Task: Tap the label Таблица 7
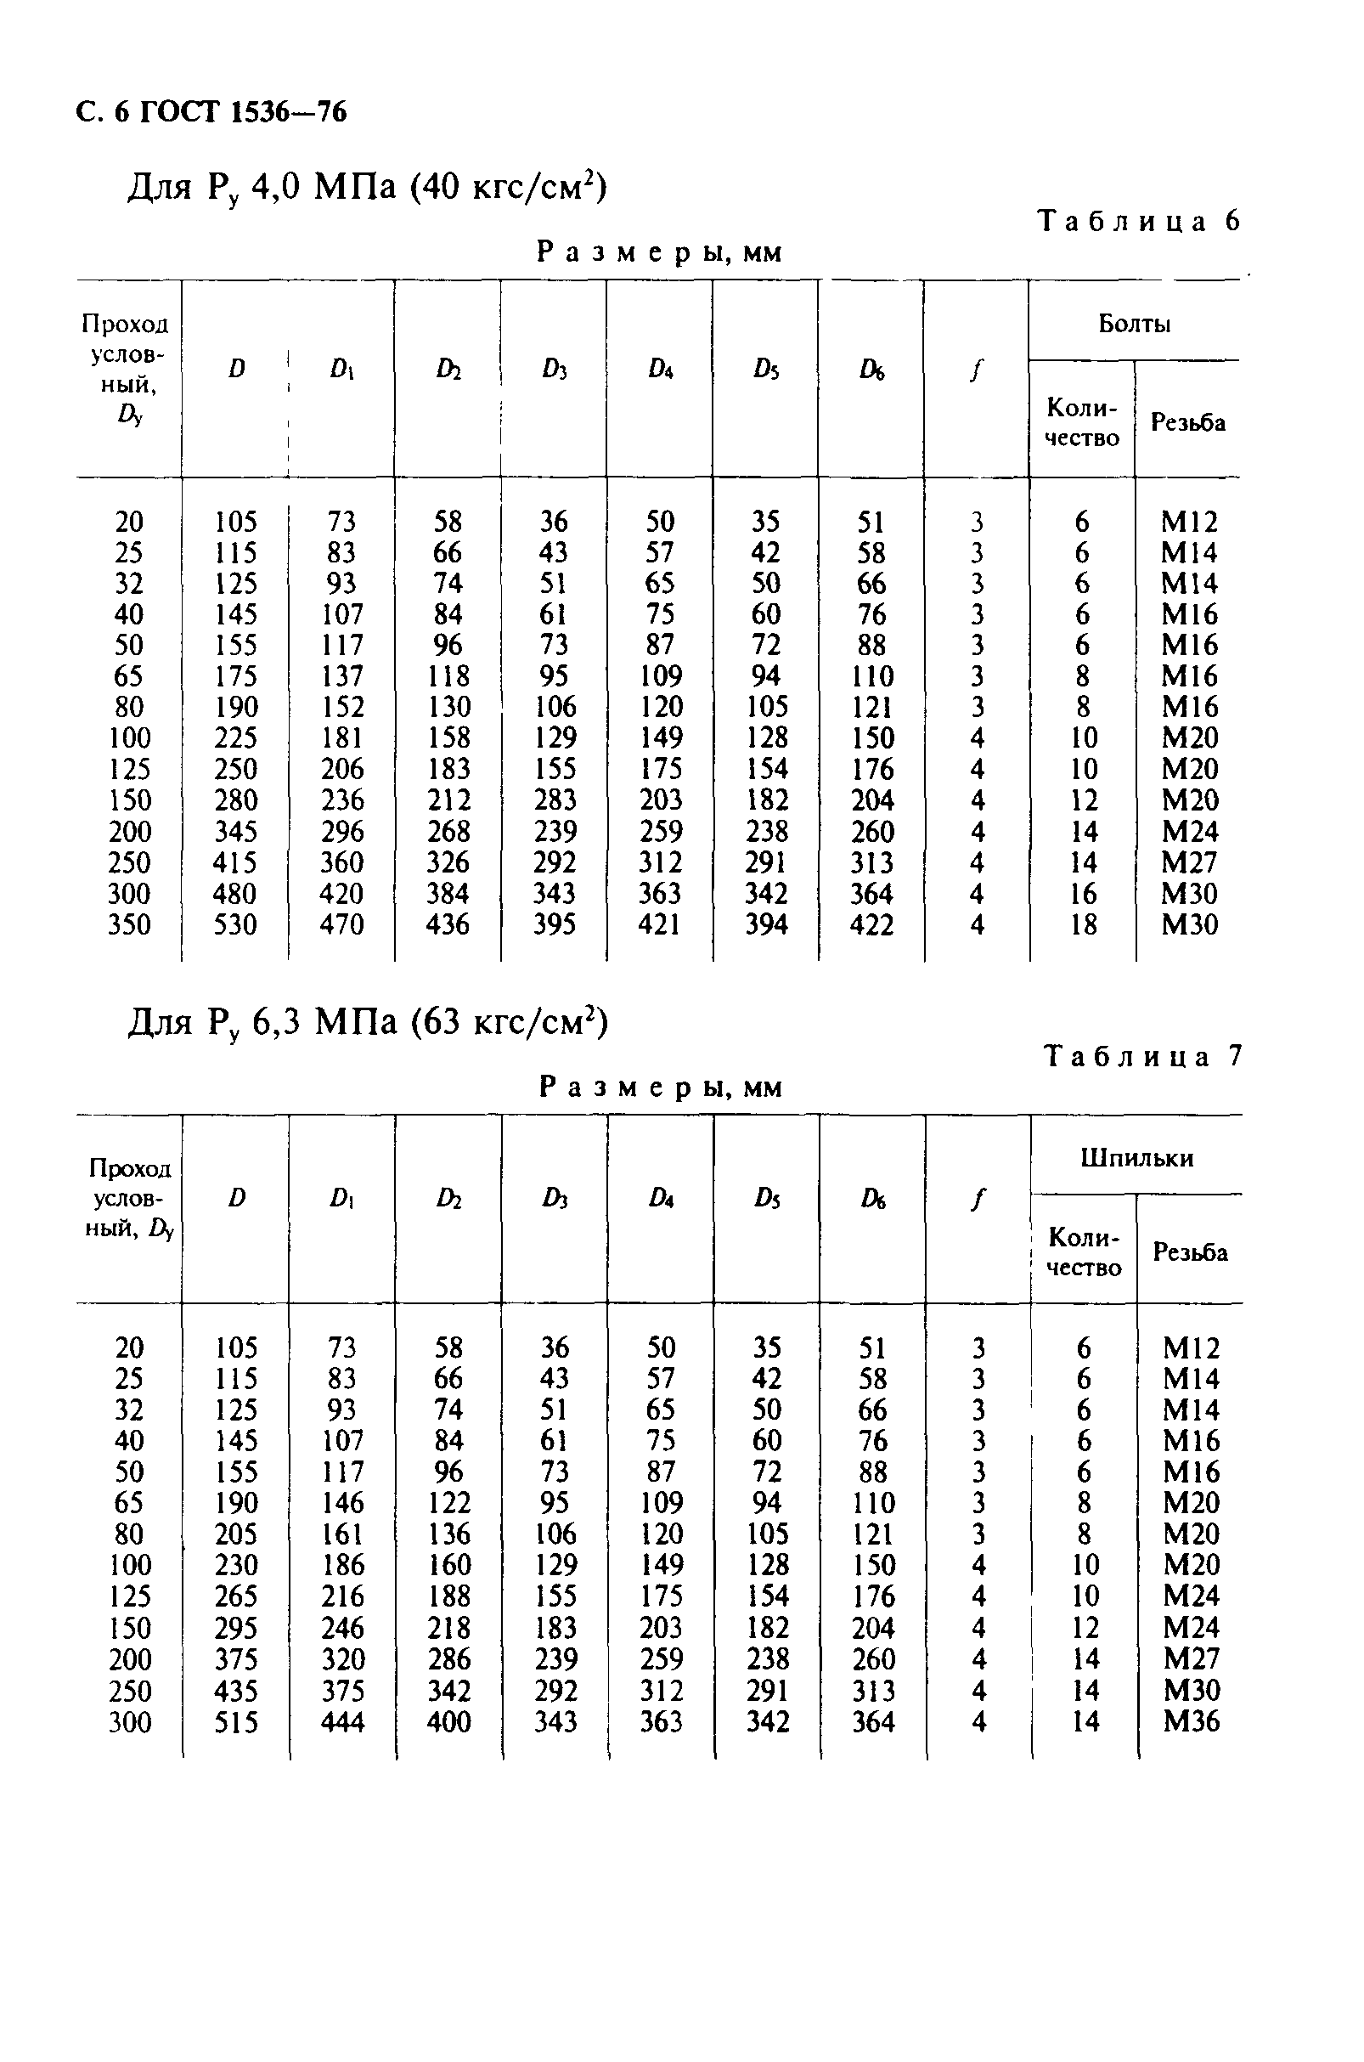pos(1143,1056)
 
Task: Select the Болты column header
pos(1135,324)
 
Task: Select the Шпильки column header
pos(1137,1157)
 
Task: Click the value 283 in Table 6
pos(554,799)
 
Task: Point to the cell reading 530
pos(236,924)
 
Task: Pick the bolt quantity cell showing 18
pos(1084,924)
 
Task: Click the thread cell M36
pos(1191,1721)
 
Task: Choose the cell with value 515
pos(237,1721)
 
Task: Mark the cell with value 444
pos(343,1721)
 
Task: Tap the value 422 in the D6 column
pos(871,924)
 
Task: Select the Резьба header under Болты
pos(1187,422)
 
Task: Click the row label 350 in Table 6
pos(130,924)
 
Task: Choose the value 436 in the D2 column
pos(448,924)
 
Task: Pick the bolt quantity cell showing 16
pos(1084,894)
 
